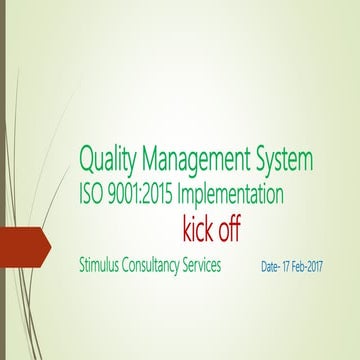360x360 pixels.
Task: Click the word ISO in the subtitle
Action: click(x=93, y=193)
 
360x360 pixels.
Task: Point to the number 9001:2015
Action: click(x=148, y=193)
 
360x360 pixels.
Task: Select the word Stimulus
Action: click(x=103, y=268)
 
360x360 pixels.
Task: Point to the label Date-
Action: click(x=272, y=269)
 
